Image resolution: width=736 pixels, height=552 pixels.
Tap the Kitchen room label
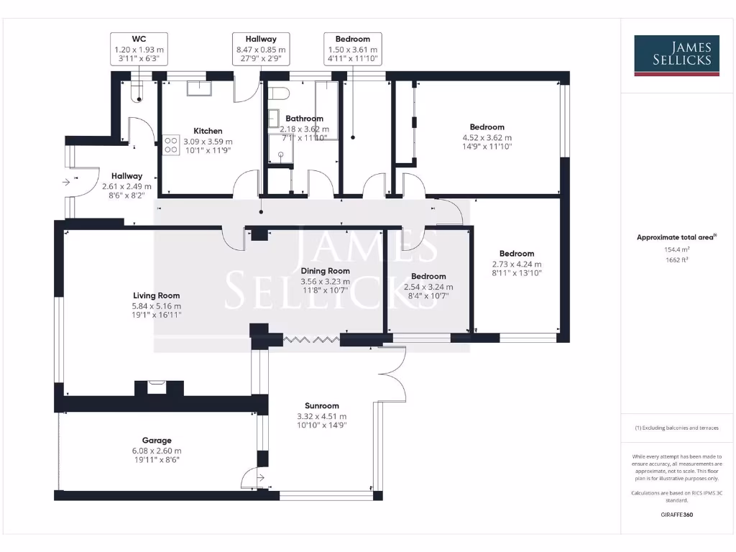coord(208,131)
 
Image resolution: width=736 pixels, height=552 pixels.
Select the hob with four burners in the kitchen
coord(171,145)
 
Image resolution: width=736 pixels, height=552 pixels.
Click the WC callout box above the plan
coord(139,49)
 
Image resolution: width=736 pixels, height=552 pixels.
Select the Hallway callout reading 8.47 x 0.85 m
coord(257,49)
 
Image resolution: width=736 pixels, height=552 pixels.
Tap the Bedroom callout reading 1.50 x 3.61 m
coord(352,49)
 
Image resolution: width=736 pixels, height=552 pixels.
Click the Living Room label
coord(156,295)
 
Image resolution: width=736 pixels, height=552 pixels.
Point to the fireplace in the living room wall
coord(157,388)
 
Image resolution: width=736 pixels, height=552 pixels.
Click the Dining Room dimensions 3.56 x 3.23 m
coord(324,282)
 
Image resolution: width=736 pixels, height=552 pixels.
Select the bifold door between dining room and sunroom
coord(310,338)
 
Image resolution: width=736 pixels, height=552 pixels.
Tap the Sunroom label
coord(321,405)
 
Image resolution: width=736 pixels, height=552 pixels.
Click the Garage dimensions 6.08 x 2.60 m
coord(156,451)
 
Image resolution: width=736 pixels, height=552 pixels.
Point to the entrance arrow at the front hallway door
coord(67,183)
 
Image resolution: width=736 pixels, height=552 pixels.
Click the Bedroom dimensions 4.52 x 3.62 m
coord(487,137)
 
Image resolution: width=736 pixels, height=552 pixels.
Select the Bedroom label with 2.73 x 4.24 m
coord(517,253)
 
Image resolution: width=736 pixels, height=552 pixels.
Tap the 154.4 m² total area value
coord(676,249)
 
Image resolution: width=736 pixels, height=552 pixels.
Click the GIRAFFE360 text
coord(676,515)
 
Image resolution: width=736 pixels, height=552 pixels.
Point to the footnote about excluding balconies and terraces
coord(676,428)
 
